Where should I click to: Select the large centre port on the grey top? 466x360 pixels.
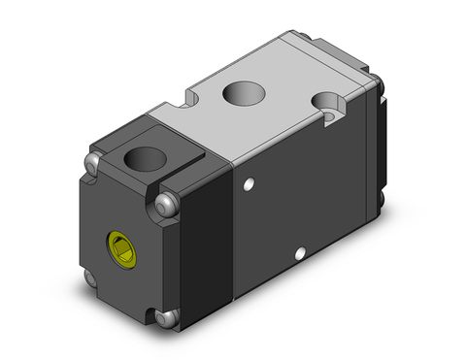click(x=243, y=95)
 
